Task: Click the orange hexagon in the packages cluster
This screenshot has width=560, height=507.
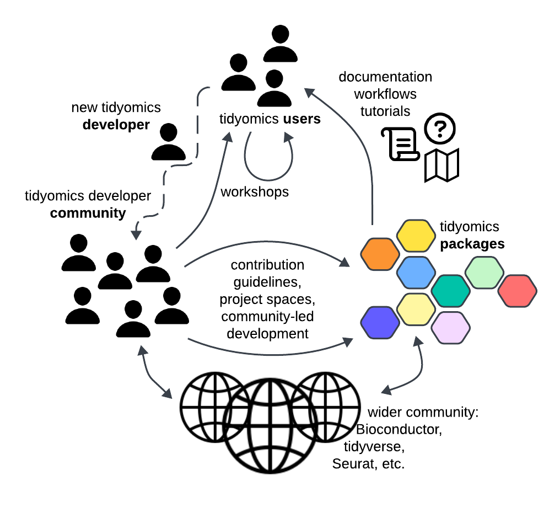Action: [x=379, y=254]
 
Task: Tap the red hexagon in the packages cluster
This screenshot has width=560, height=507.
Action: [x=517, y=290]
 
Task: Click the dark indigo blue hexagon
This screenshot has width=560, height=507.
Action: [x=380, y=322]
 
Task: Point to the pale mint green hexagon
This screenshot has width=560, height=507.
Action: [x=484, y=273]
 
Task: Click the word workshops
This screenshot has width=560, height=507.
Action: [x=255, y=192]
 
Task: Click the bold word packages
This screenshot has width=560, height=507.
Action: [x=472, y=244]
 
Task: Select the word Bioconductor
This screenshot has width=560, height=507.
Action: [x=399, y=429]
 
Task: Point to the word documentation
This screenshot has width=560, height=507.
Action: [x=385, y=77]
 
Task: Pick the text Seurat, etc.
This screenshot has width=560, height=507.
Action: [x=368, y=463]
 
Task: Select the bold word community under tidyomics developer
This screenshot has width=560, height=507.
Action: [x=88, y=213]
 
